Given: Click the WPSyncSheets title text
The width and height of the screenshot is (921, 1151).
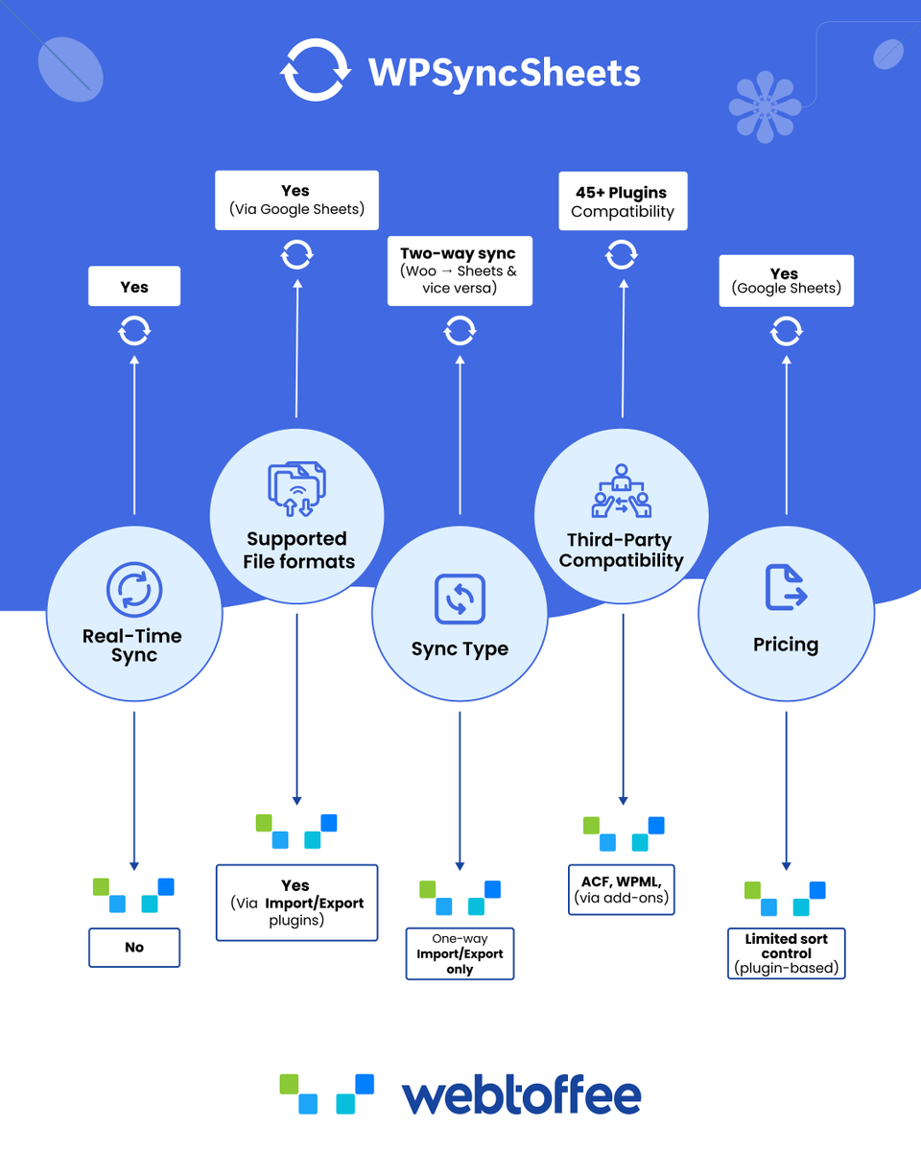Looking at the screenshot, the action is [504, 73].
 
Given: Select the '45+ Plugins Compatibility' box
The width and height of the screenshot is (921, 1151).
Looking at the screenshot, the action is [623, 201].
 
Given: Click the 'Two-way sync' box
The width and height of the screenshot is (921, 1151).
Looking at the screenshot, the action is [460, 270].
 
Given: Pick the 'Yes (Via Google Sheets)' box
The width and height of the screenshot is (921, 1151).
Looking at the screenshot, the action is [296, 200].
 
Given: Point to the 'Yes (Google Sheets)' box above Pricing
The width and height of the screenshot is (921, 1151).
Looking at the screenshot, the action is [786, 281].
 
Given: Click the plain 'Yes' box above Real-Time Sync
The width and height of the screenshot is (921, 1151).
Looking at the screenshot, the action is [134, 286].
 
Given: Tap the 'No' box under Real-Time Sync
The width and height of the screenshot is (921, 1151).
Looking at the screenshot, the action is [134, 948].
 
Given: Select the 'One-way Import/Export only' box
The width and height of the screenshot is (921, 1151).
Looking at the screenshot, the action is [460, 953].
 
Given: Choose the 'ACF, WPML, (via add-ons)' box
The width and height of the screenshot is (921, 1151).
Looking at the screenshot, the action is [622, 889].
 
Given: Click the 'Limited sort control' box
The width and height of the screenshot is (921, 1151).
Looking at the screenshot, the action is [786, 953].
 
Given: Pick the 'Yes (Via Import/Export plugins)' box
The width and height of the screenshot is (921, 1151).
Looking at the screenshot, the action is [296, 903].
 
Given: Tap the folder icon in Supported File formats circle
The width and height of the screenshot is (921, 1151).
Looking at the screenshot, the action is [297, 489].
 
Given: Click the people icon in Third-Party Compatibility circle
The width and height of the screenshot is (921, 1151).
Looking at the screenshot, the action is [622, 490].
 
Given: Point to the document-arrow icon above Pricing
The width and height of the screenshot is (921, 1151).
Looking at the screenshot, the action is [786, 587].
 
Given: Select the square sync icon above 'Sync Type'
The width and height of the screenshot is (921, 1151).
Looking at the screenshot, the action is [460, 599].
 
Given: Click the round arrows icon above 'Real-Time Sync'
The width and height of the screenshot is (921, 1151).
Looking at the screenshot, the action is [133, 589].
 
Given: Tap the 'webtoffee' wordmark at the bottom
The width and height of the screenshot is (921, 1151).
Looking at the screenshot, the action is [521, 1095].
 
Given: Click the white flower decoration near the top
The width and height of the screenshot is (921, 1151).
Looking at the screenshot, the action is [766, 107].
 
